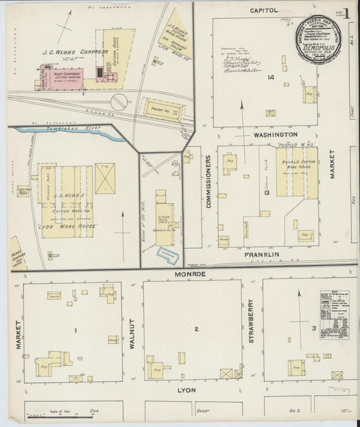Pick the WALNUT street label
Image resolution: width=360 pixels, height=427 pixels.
pos(132,332)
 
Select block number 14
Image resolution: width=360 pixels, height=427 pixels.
pos(271,78)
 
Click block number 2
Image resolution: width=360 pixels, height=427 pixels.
pos(196,329)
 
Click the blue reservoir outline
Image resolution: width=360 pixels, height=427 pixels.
pos(166,255)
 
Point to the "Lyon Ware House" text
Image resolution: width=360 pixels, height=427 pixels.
pos(68,225)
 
